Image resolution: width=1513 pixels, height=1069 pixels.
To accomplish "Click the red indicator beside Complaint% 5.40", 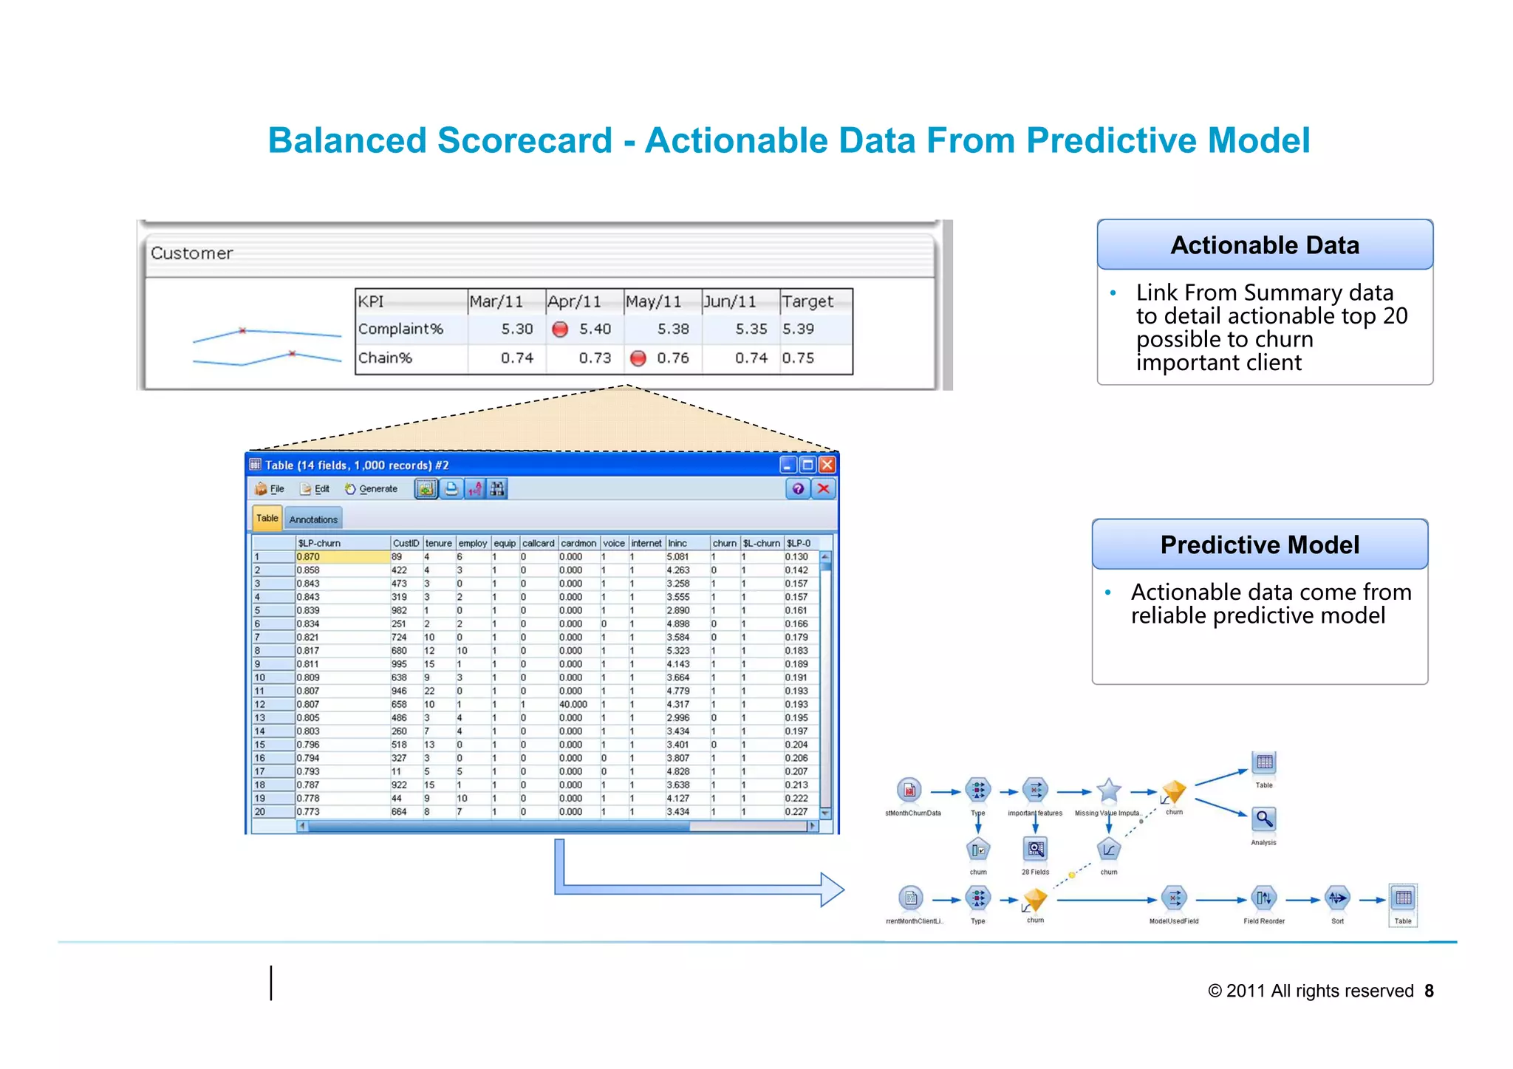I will click(560, 329).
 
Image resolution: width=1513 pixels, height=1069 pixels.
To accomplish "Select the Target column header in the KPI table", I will click(807, 301).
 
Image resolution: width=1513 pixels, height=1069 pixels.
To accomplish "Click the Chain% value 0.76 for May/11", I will click(673, 358).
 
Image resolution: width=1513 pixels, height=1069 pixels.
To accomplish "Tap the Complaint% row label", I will click(400, 329).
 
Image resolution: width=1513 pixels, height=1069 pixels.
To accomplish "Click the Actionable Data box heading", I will click(1265, 245).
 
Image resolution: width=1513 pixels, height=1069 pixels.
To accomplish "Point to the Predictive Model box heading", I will click(1260, 545).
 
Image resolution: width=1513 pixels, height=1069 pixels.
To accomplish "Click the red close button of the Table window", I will click(827, 465).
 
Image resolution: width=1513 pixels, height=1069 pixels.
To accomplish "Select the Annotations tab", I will click(313, 519).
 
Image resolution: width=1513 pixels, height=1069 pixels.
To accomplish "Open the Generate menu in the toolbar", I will click(372, 489).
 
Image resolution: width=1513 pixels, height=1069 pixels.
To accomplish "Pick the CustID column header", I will click(406, 543).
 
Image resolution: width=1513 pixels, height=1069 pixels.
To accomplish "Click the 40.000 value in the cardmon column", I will click(573, 705).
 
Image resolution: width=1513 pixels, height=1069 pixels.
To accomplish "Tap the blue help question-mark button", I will click(798, 489).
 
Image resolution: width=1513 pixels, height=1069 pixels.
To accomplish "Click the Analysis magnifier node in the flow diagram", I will click(1264, 819).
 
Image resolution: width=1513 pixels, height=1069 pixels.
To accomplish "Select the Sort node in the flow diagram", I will click(1337, 899).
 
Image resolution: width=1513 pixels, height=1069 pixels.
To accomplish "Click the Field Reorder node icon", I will click(1264, 899).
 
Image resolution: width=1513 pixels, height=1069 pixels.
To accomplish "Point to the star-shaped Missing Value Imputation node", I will click(1109, 791).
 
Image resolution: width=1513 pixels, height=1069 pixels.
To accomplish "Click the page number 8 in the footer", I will click(1430, 991).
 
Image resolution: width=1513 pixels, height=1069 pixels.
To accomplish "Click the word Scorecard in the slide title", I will click(525, 140).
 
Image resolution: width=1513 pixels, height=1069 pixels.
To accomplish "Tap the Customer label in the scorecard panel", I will click(192, 253).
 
